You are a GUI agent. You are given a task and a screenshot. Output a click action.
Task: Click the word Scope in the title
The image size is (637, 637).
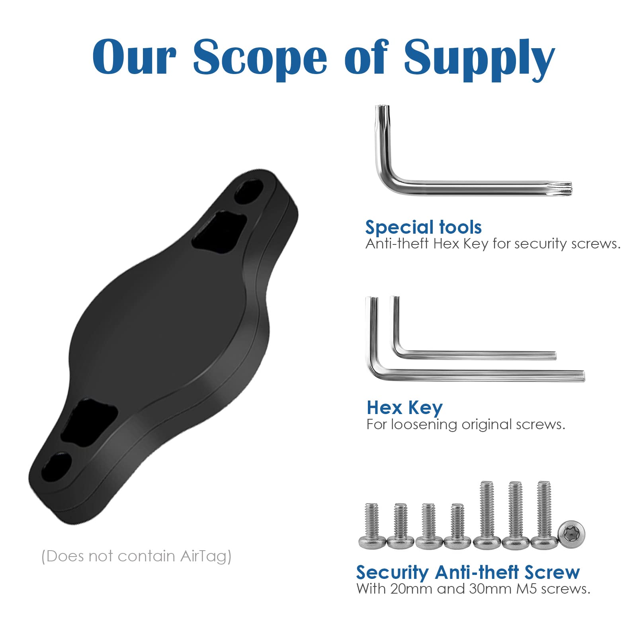point(260,58)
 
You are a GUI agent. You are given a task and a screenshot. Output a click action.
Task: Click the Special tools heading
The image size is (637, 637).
point(423,228)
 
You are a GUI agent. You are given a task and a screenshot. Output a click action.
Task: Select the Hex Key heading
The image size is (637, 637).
point(404,408)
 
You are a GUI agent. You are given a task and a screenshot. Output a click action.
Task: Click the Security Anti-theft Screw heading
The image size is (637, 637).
point(468,573)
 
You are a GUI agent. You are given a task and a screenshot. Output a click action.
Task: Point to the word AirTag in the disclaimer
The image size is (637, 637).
point(205,556)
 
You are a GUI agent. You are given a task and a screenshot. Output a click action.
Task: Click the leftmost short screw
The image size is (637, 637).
point(372,526)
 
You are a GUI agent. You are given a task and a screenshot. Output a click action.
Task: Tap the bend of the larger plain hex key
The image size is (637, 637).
point(373,370)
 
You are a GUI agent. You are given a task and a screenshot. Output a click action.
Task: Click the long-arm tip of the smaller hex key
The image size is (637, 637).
point(553,355)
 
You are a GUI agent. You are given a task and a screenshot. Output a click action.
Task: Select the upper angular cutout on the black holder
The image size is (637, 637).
point(219,231)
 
